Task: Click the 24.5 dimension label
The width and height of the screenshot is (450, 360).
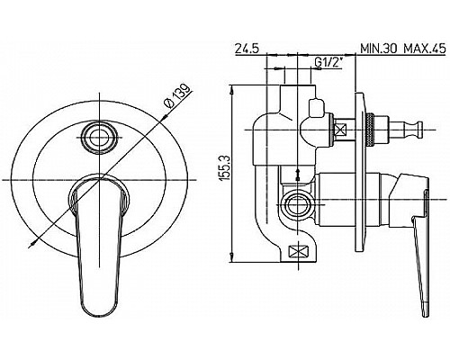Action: pyautogui.click(x=247, y=48)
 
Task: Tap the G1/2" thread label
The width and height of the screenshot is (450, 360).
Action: pyautogui.click(x=328, y=63)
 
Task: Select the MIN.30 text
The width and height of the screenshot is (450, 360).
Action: pyautogui.click(x=379, y=48)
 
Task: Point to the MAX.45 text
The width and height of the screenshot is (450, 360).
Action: pyautogui.click(x=425, y=48)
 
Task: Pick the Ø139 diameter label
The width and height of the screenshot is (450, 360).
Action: pyautogui.click(x=177, y=95)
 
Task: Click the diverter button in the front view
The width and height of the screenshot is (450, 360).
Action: pyautogui.click(x=99, y=138)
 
